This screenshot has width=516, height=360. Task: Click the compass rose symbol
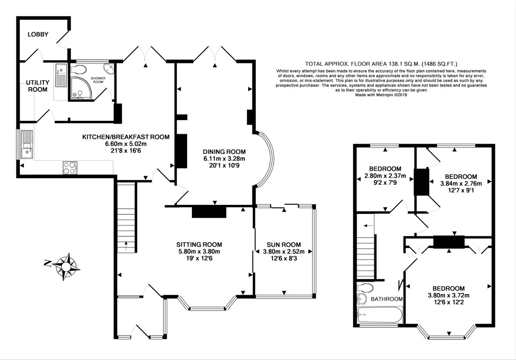tap(66, 267)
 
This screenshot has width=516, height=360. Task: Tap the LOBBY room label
tap(38, 34)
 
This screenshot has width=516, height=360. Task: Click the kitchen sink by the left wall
tap(28, 144)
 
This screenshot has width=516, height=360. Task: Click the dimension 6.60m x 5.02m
tap(126, 144)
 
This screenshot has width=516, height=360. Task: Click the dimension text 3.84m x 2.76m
tap(461, 183)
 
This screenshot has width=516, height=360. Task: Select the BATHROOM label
tap(387, 299)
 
